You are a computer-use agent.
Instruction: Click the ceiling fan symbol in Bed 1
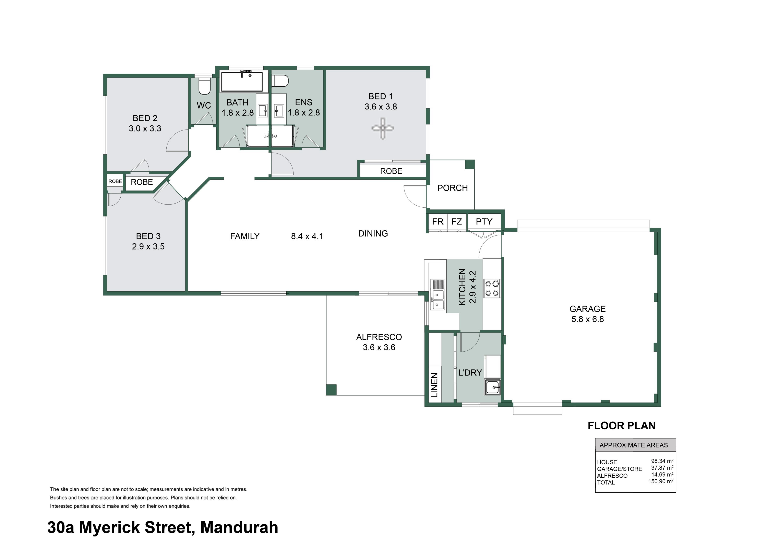383,128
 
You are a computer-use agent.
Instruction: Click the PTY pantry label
484,222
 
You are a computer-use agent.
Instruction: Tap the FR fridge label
438,222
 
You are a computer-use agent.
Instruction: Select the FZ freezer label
456,222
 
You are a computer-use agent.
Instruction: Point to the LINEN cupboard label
434,385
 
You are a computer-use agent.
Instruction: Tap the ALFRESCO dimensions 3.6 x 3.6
379,347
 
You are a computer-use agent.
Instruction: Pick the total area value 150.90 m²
661,481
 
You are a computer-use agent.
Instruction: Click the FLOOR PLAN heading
622,426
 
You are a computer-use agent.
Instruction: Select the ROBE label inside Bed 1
391,171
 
